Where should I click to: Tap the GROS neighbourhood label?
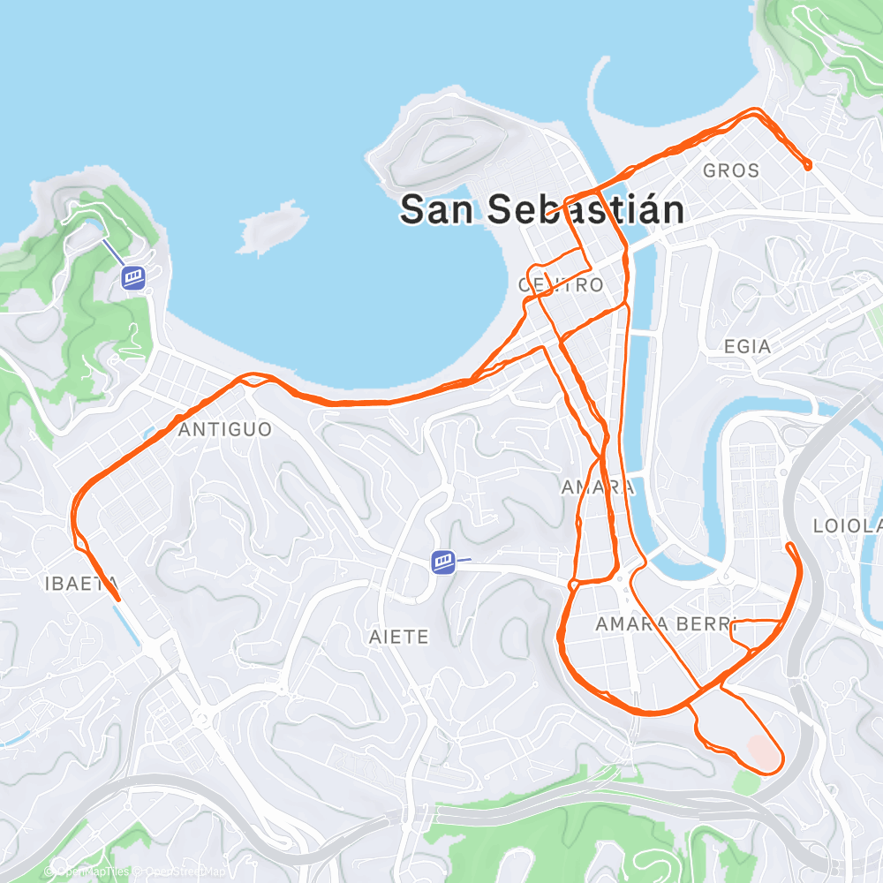[731, 170]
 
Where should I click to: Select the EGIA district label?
[747, 346]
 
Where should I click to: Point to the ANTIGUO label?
[224, 430]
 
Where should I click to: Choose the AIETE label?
[398, 637]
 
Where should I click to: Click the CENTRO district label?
[561, 285]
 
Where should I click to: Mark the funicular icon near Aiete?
[443, 562]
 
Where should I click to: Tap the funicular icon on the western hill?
[133, 277]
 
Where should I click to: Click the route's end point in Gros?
[808, 165]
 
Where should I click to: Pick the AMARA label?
[598, 487]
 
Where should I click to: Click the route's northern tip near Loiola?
[789, 546]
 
